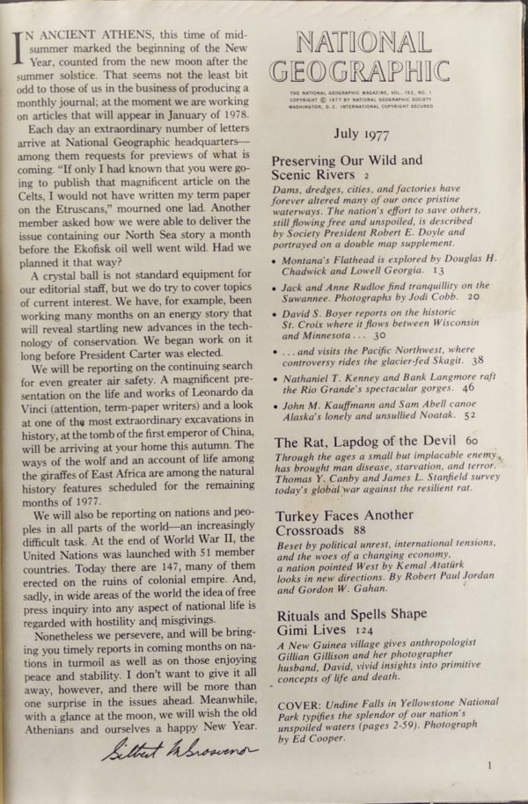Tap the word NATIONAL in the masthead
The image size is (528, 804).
coord(362,41)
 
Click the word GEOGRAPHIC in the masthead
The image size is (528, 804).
coord(358,71)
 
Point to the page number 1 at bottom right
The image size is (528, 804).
coord(488,765)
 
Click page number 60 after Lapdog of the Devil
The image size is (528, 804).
coord(472,440)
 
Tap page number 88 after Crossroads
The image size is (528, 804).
coord(359,530)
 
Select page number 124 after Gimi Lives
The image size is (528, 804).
coord(363,630)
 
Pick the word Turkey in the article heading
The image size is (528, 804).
coord(298,515)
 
